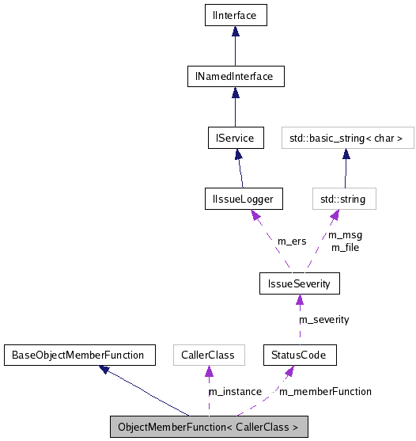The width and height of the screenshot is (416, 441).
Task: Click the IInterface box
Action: coord(235,15)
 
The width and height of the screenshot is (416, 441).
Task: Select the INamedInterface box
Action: coord(235,77)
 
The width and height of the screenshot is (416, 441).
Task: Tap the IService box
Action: coord(235,138)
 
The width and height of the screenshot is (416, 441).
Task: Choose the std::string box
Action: coord(343,199)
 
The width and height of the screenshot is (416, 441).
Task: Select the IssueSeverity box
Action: coord(300,283)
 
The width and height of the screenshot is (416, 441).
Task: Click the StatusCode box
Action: coord(300,355)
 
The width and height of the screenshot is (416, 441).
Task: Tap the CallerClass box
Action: coord(208,355)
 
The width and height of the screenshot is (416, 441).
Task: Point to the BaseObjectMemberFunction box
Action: coord(78,355)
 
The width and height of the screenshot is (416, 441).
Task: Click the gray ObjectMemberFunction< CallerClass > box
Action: coord(208,427)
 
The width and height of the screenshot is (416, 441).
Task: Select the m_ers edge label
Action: coord(291,241)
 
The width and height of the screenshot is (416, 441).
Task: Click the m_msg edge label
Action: coord(345,235)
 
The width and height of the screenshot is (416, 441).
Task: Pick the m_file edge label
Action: coord(345,247)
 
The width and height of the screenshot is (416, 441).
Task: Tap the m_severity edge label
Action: coord(323,319)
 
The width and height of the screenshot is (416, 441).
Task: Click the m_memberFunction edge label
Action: coord(326,391)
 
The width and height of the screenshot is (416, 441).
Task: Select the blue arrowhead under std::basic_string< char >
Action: coord(346,154)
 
